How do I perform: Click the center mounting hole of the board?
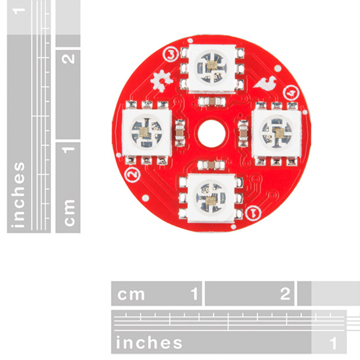211,133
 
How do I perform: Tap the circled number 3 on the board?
171,55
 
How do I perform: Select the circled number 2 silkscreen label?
132,174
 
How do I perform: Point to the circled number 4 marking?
292,93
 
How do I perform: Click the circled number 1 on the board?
253,213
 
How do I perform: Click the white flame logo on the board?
265,83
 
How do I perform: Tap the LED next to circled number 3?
212,68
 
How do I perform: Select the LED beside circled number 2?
147,133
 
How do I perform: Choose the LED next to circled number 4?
277,133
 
